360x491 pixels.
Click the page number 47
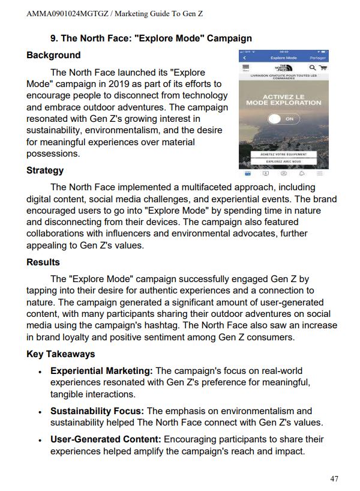click(334, 478)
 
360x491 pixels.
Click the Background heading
click(53, 55)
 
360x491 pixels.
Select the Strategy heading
click(45, 170)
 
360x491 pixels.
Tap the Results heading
click(43, 262)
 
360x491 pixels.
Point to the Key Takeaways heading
click(61, 354)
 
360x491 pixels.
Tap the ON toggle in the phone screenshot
click(283, 119)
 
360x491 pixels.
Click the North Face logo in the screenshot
click(283, 68)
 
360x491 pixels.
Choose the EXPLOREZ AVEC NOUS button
click(283, 161)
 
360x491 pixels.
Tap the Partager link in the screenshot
click(318, 58)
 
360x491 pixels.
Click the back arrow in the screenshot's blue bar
click(244, 58)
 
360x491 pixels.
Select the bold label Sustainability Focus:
click(97, 411)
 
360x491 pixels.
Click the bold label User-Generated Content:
click(106, 439)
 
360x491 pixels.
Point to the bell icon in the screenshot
click(302, 173)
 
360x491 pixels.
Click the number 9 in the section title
click(53, 38)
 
